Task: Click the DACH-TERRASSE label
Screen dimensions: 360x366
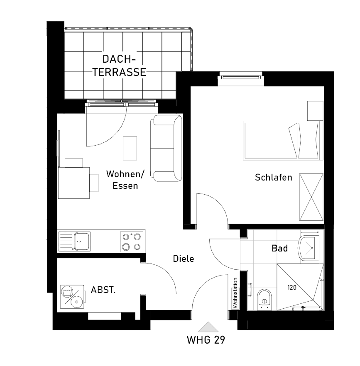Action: tap(119, 66)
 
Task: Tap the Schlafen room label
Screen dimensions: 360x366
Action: tap(273, 178)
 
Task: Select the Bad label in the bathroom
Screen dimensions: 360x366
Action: tap(279, 248)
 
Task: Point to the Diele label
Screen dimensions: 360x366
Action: tap(184, 259)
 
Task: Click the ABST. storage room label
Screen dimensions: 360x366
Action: tap(103, 290)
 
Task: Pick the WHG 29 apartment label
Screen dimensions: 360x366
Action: tap(206, 340)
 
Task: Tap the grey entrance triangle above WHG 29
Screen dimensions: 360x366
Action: tap(208, 327)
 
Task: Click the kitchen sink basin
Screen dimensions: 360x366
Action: tap(82, 242)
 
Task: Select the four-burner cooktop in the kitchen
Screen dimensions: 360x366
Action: tap(132, 242)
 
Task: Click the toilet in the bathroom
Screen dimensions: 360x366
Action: tap(264, 300)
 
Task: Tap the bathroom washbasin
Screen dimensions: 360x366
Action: tap(309, 248)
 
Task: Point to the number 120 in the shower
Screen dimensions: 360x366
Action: tap(292, 287)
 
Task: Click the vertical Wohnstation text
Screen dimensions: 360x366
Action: tap(235, 293)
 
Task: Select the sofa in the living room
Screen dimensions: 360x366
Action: tap(166, 148)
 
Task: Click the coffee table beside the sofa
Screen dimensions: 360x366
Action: tap(130, 149)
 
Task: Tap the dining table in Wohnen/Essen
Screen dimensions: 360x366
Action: tap(74, 183)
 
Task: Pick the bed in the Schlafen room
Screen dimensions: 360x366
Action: tap(283, 141)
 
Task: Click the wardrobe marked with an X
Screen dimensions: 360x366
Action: tap(311, 197)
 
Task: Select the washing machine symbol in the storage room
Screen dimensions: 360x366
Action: tap(72, 296)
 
